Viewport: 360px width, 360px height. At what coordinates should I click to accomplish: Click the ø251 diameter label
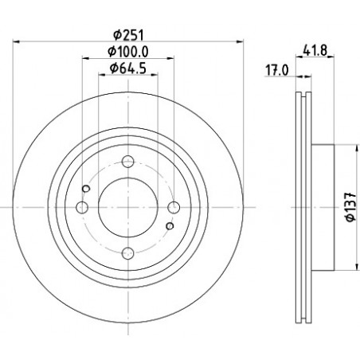[x=128, y=35]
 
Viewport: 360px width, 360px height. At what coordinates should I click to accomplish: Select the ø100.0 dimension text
[x=128, y=52]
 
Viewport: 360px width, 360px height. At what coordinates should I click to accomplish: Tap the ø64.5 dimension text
[x=128, y=68]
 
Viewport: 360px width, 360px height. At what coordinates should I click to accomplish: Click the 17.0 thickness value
[x=277, y=71]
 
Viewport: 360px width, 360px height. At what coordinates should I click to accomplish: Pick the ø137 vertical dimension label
[x=351, y=207]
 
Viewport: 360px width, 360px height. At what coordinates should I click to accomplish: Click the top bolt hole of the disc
[x=128, y=161]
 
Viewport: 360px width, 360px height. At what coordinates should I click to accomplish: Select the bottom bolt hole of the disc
[x=128, y=253]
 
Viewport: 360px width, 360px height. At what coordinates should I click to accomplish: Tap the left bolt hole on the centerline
[x=82, y=207]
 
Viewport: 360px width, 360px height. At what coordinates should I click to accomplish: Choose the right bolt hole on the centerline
[x=174, y=207]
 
